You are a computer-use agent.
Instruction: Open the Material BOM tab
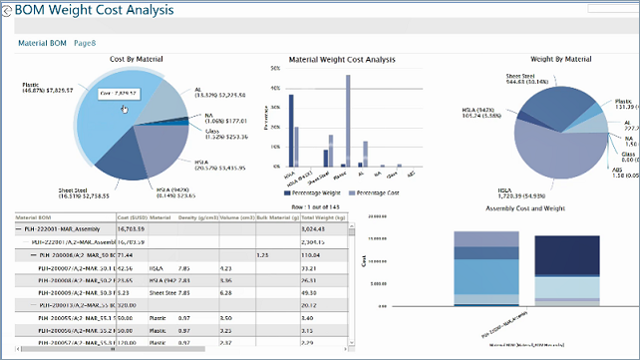(x=42, y=44)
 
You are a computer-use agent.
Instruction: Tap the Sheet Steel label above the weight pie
(x=527, y=76)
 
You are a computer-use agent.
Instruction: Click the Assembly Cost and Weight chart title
(x=527, y=208)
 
